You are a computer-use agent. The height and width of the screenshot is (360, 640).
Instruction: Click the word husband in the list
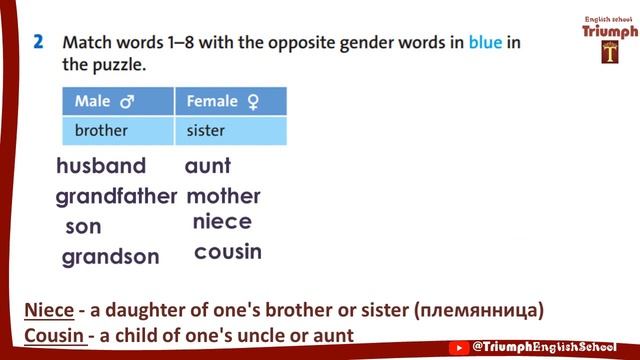click(101, 166)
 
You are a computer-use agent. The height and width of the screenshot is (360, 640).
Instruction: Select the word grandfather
click(116, 196)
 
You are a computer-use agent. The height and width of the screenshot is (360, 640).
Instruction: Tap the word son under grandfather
click(83, 227)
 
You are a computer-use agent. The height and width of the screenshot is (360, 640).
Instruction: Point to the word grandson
click(110, 257)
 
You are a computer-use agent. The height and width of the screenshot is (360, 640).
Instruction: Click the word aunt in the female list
click(208, 166)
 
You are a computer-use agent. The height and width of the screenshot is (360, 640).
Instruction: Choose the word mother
click(223, 196)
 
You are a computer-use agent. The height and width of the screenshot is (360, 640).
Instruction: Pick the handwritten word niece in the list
click(222, 222)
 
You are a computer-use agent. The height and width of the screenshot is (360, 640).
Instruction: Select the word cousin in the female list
click(228, 252)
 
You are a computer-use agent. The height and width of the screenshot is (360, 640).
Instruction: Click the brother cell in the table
click(102, 130)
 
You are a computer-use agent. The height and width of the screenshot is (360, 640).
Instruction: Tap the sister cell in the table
click(206, 130)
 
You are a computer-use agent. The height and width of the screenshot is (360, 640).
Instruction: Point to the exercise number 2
click(37, 43)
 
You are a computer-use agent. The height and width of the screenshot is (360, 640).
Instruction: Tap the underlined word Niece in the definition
click(49, 310)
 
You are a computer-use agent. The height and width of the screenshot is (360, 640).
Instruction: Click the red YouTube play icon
click(459, 347)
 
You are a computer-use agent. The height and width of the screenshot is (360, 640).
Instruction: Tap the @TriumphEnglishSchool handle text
click(551, 347)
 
